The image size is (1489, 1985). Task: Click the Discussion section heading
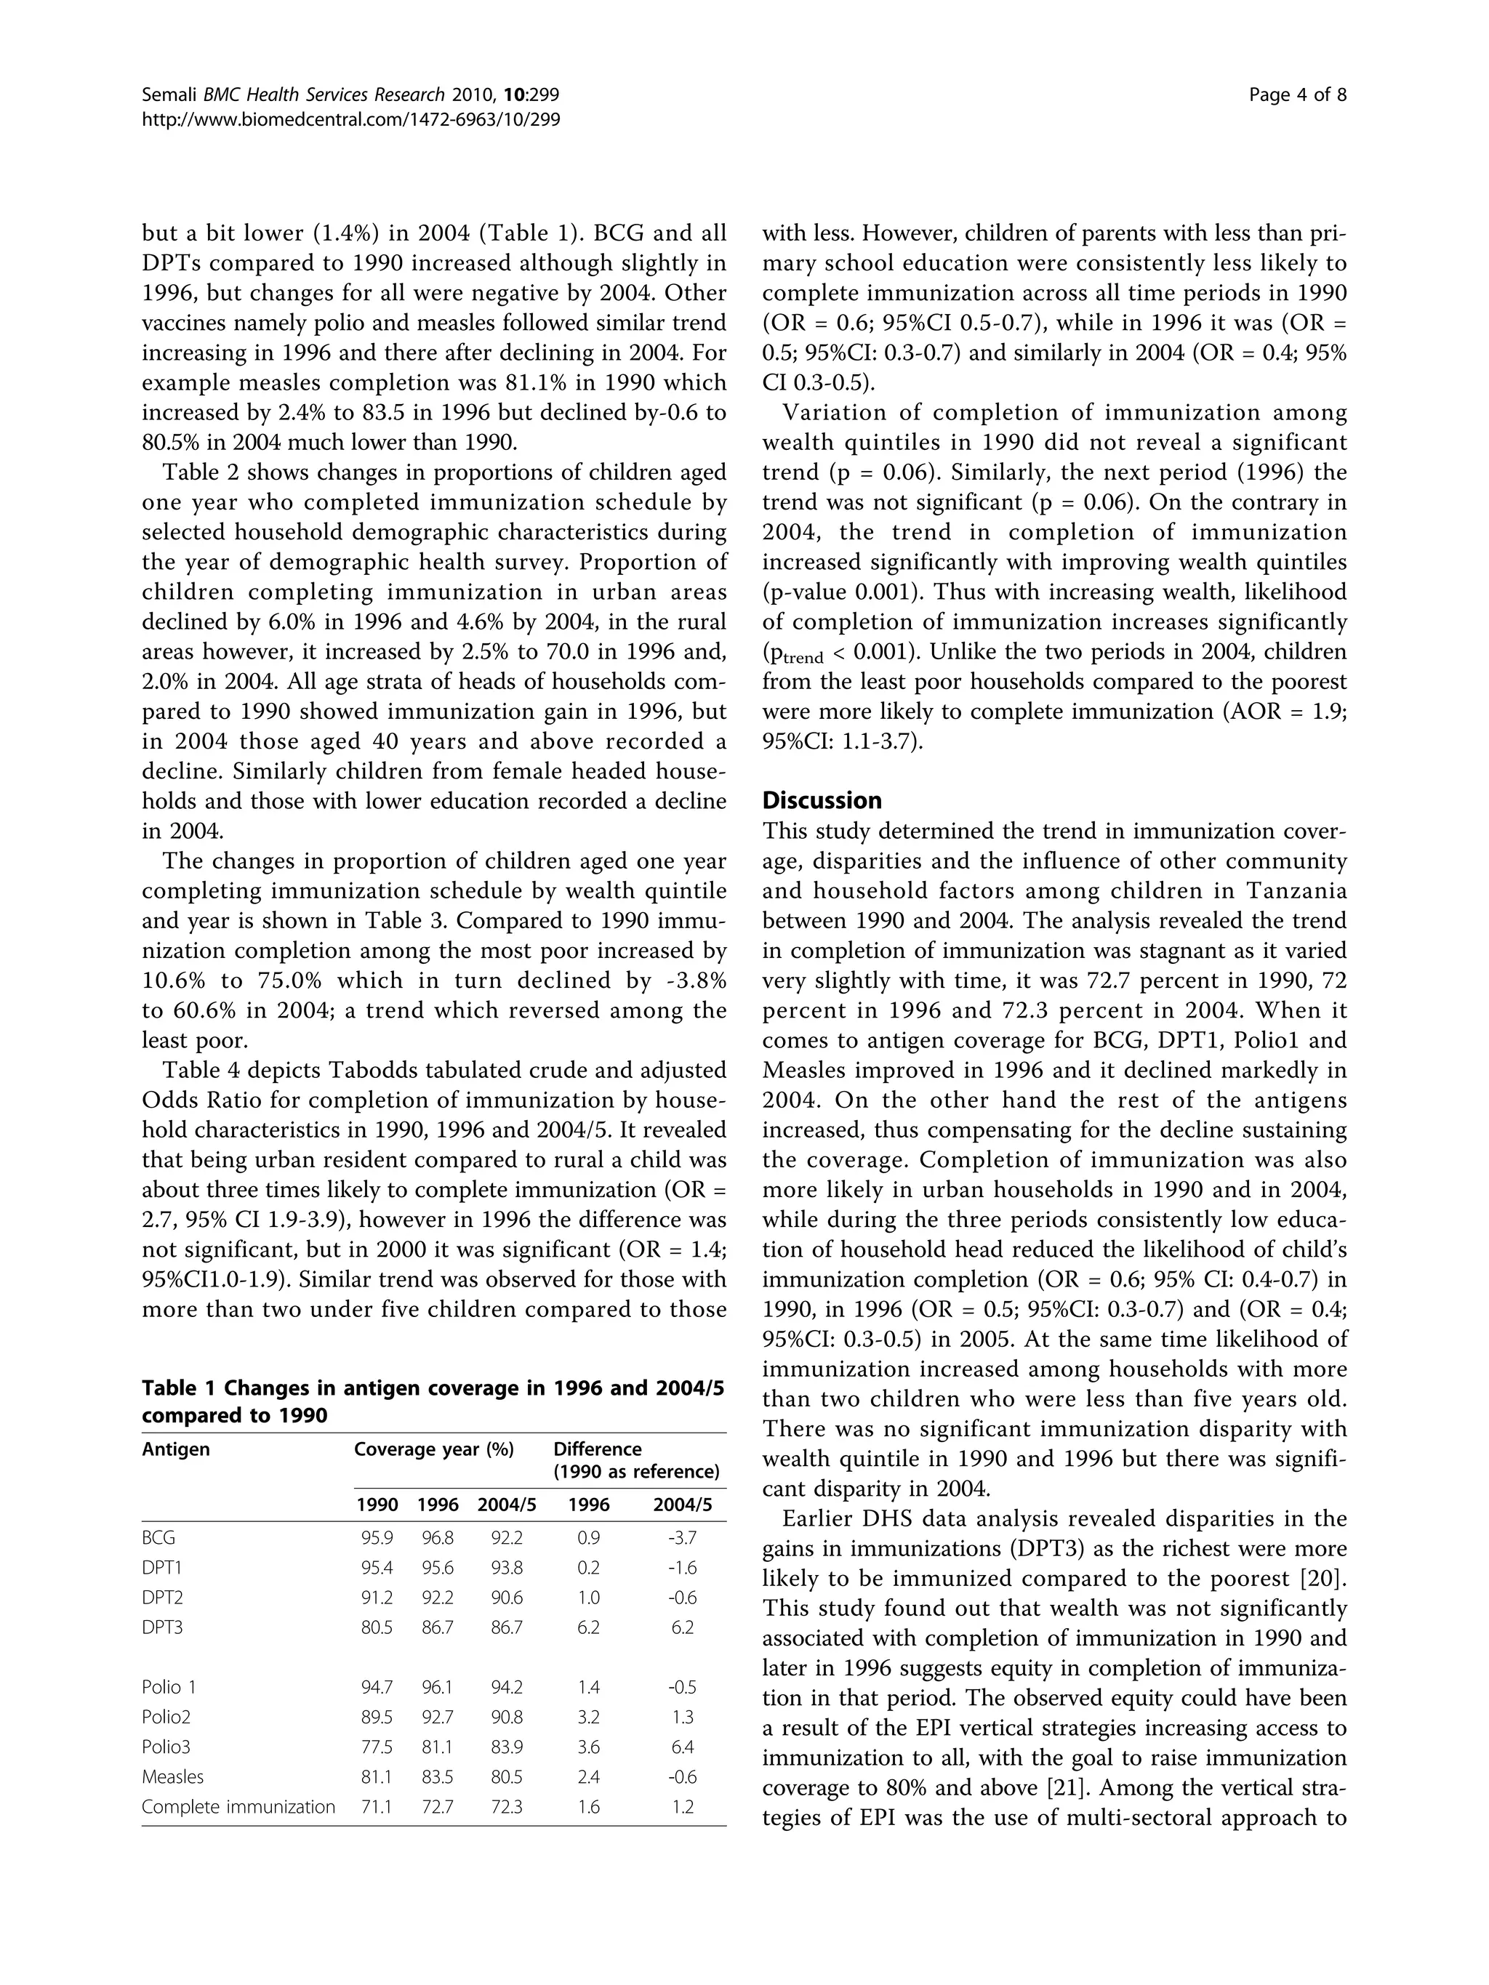pos(822,800)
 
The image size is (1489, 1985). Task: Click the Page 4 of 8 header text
pos(1297,95)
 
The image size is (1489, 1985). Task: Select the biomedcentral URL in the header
pos(351,119)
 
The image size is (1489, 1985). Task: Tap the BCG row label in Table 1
pos(158,1538)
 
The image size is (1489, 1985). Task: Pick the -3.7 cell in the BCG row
pos(682,1538)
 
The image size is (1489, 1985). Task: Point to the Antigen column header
pos(176,1449)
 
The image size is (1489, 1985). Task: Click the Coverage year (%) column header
pos(433,1449)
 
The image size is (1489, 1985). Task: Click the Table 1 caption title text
pos(433,1388)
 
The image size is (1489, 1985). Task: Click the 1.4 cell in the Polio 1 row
pos(588,1687)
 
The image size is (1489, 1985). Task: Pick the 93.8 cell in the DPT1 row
pos(506,1568)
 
